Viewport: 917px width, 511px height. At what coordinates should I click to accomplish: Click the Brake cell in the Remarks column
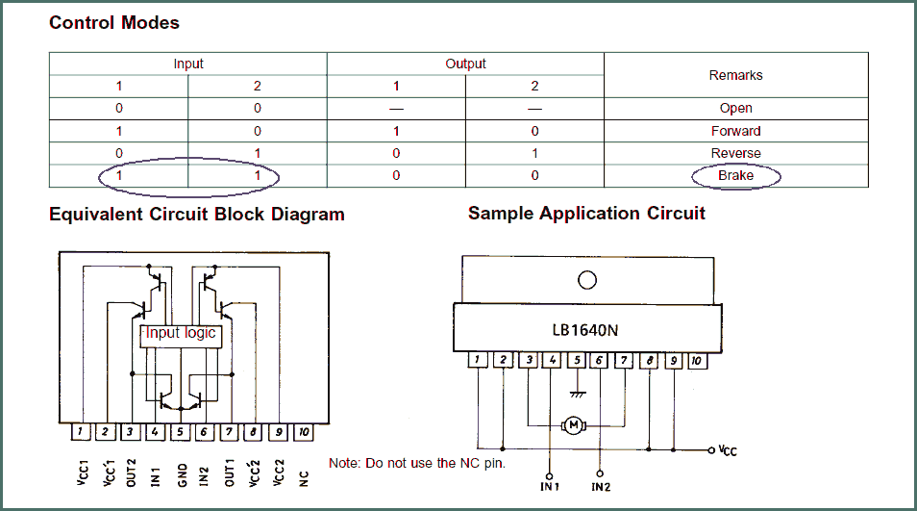point(735,175)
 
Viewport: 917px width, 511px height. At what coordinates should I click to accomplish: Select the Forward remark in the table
point(735,131)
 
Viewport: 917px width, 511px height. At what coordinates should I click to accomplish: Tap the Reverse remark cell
point(735,153)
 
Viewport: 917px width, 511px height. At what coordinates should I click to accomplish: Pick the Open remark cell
point(735,109)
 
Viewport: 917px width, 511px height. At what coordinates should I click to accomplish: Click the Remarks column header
point(735,75)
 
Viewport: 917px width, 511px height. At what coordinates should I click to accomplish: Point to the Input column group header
point(188,64)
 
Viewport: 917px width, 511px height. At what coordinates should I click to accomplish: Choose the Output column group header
point(465,64)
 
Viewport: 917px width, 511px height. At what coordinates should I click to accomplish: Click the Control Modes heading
point(114,23)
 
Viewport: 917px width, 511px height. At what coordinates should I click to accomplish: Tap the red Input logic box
point(181,336)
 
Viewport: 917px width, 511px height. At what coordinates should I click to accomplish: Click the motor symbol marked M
point(574,425)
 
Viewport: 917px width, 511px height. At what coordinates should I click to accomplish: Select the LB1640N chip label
point(584,331)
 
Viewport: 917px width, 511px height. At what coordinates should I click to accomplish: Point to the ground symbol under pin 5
point(578,394)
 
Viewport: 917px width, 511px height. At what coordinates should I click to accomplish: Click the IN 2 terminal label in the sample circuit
point(601,487)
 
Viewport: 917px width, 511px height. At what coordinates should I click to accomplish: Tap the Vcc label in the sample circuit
point(728,450)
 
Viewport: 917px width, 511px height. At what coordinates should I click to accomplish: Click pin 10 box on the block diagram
point(304,432)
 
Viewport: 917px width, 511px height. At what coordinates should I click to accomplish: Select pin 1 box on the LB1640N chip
point(478,360)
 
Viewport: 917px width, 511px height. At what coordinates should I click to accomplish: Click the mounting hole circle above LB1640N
point(587,280)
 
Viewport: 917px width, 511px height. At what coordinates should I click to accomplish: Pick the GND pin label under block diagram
point(182,475)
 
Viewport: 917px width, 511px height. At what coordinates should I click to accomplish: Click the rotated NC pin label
point(304,479)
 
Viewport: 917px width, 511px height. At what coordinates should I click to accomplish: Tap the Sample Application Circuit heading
point(586,214)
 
